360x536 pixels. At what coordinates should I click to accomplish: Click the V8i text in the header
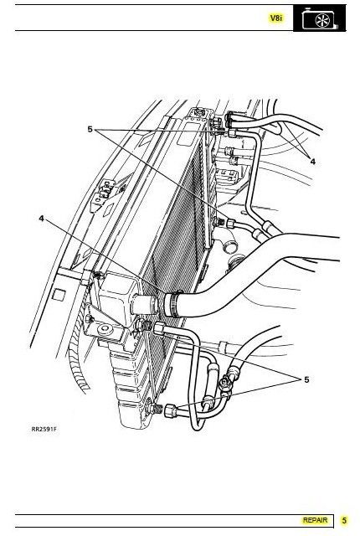pos(276,18)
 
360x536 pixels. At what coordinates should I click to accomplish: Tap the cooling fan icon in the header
pos(320,18)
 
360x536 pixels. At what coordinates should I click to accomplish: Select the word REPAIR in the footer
pos(315,520)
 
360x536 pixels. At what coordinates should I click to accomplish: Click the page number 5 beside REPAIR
pos(344,520)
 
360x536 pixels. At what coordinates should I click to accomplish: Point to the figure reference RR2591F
pos(44,429)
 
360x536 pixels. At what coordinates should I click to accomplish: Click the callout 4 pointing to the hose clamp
pos(42,218)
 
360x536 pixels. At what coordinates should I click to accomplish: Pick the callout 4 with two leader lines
pos(312,162)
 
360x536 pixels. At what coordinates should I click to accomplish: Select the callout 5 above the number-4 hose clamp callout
pos(90,129)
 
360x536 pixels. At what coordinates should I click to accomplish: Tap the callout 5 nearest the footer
pos(306,379)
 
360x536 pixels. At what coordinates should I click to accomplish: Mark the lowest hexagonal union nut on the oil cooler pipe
pos(171,410)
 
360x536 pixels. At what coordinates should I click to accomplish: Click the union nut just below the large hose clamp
pos(160,328)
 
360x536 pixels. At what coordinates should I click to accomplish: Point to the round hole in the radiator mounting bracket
pos(104,329)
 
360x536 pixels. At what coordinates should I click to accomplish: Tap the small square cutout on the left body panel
pos(59,295)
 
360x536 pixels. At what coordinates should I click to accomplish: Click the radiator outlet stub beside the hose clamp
pos(144,303)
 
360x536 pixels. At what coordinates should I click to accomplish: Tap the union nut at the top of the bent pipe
pos(233,133)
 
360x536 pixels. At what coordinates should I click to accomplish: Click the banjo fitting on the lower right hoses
pos(226,383)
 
